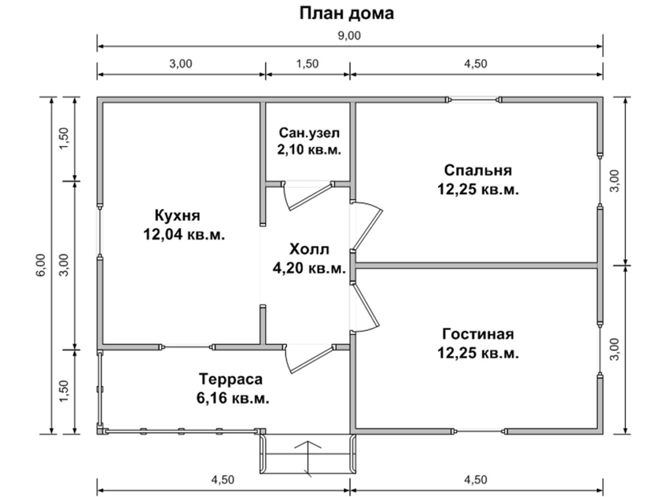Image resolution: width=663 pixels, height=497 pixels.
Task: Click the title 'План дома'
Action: [346, 14]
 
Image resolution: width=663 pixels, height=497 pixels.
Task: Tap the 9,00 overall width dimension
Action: [349, 36]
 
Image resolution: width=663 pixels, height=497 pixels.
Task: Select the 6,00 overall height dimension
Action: [41, 265]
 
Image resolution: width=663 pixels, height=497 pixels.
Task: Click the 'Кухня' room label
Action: [177, 215]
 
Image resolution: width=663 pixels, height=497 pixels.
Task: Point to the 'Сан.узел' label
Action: [309, 133]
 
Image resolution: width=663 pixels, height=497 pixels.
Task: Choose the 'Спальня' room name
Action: [478, 171]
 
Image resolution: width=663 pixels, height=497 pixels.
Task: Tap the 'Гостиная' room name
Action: [478, 334]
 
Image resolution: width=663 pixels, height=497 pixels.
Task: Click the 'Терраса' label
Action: [231, 379]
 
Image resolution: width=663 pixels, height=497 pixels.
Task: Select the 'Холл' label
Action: [309, 249]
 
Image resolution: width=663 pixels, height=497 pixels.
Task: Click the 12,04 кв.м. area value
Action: [184, 234]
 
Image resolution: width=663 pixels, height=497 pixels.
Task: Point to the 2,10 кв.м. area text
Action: [309, 149]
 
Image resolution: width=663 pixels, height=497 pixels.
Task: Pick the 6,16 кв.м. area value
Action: [233, 398]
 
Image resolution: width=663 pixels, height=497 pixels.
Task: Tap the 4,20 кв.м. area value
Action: [309, 268]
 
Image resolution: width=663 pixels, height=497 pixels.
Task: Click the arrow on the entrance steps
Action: [308, 462]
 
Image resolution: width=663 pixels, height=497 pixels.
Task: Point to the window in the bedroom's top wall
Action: [473, 99]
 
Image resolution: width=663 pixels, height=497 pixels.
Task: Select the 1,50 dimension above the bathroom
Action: [308, 64]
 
